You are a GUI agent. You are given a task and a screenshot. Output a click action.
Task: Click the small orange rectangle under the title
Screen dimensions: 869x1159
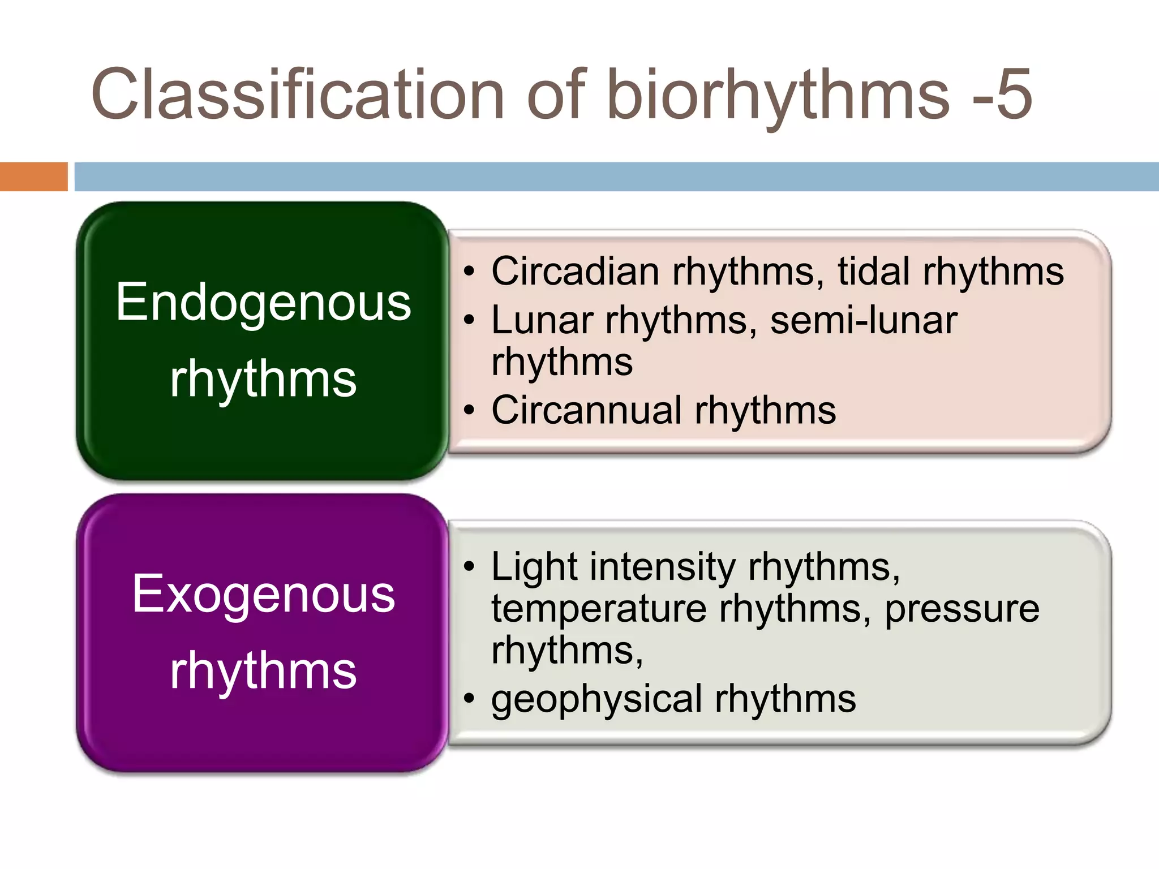click(x=33, y=177)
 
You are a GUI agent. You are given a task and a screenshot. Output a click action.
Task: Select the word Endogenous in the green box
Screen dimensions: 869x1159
click(x=263, y=303)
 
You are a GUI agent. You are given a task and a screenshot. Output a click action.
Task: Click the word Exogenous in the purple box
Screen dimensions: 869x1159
click(x=263, y=594)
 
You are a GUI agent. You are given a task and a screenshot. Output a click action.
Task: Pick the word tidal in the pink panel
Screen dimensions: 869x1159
click(x=874, y=272)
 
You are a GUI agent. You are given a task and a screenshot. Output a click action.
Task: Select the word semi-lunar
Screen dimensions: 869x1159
click(x=864, y=321)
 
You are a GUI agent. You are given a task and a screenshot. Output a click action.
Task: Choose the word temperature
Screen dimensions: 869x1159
click(x=599, y=609)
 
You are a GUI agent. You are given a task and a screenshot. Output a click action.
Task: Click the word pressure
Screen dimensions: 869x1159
click(x=961, y=609)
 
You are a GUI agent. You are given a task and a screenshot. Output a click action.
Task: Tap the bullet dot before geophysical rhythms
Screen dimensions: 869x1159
click(x=468, y=699)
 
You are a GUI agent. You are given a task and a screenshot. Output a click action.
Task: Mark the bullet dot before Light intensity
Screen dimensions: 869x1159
click(x=468, y=566)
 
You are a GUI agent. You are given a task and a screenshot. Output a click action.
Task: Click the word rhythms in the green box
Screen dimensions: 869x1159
click(x=263, y=379)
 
